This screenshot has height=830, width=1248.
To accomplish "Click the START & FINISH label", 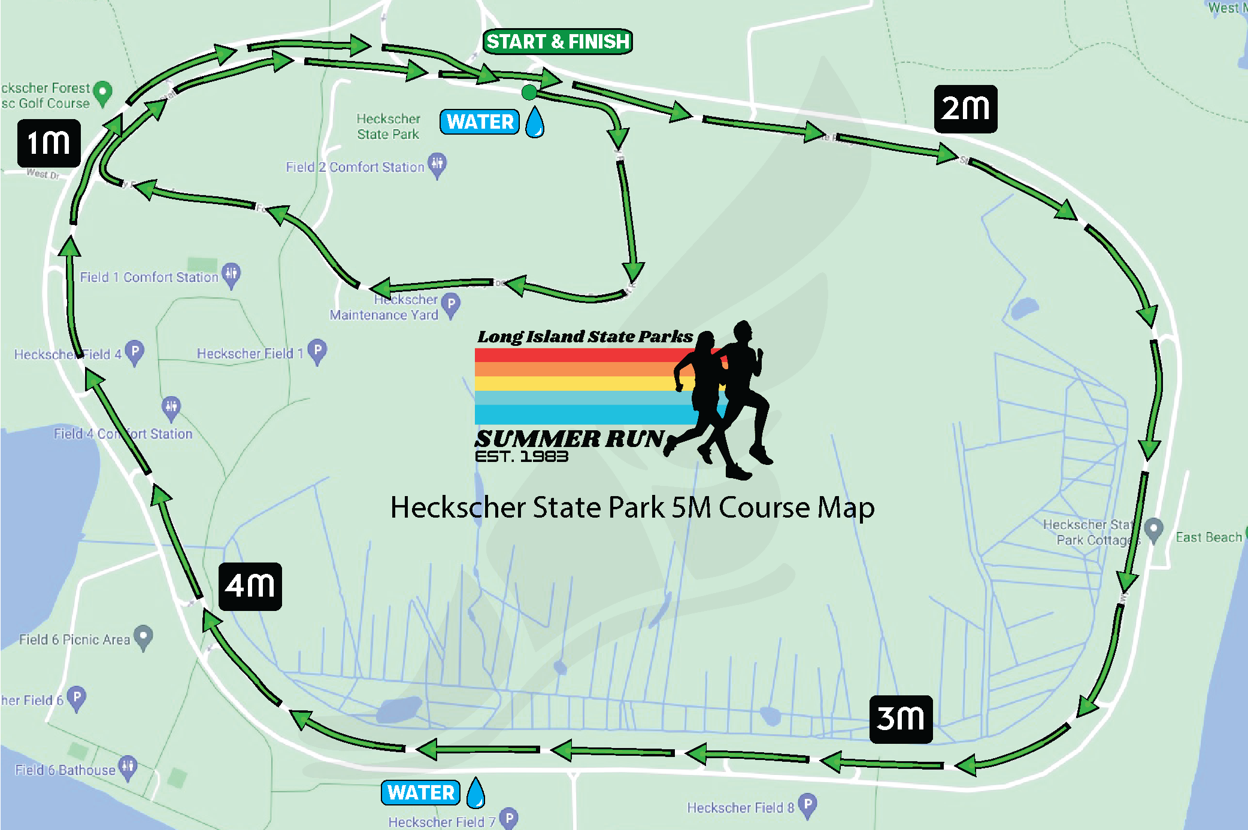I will click(x=558, y=41).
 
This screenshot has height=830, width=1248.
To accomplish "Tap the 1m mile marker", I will click(x=49, y=143).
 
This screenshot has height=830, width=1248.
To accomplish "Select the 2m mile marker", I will click(x=965, y=109).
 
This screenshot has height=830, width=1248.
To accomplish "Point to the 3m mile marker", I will click(x=901, y=719).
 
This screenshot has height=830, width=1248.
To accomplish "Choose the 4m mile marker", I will click(x=250, y=586).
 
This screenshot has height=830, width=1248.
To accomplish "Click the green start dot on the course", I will click(x=529, y=92).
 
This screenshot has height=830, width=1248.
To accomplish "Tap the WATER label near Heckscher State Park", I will click(x=480, y=122).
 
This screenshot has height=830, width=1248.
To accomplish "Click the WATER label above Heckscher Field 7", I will click(x=421, y=793).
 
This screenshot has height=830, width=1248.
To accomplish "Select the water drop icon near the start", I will click(x=535, y=122).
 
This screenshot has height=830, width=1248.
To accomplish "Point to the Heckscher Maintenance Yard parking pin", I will click(x=451, y=304).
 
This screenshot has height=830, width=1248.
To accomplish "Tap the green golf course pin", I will click(x=104, y=92).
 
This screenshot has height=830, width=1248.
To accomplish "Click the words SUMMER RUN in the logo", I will click(x=570, y=439).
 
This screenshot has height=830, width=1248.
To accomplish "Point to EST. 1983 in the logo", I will click(x=521, y=457).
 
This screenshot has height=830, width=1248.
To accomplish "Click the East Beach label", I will click(x=1208, y=537).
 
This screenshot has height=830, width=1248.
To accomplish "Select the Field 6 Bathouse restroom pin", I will click(x=128, y=766).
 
